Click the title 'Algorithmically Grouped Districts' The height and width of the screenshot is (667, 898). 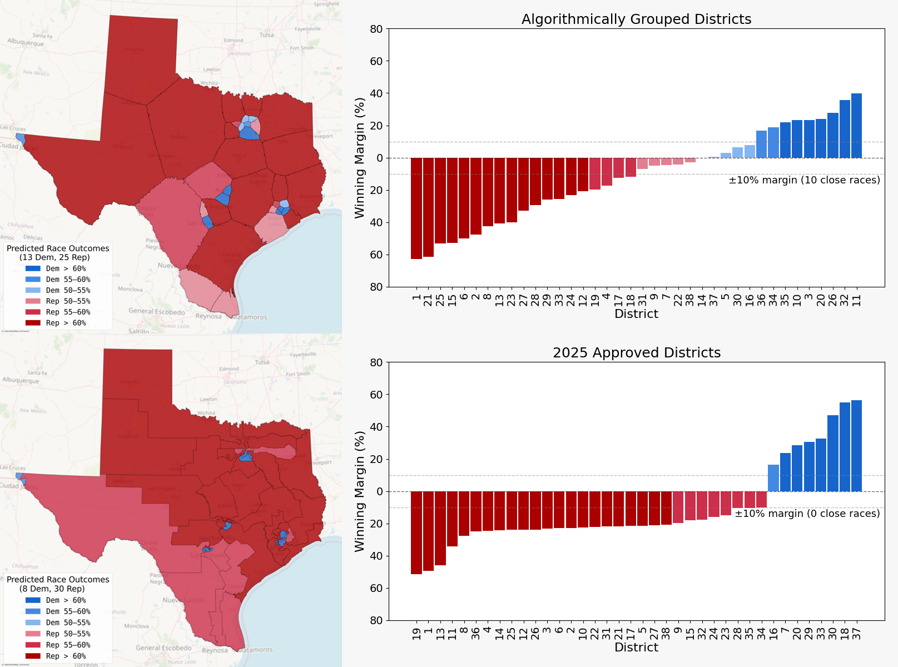(636, 19)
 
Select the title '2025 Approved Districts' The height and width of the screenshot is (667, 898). (636, 353)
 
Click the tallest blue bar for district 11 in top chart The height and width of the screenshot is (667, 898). (856, 126)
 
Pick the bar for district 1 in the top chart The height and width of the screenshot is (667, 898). (416, 208)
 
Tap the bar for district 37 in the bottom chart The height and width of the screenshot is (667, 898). (856, 446)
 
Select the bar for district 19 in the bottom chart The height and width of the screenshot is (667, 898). (416, 532)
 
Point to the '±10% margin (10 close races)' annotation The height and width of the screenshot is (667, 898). (804, 180)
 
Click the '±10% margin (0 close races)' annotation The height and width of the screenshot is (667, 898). (807, 514)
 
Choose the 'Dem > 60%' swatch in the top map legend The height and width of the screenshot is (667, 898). (33, 268)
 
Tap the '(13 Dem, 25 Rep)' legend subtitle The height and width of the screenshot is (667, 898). (54, 257)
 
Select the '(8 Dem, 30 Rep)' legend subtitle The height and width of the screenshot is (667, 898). (52, 589)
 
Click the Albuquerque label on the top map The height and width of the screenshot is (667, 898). (26, 43)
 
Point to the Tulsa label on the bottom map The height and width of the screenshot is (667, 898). (262, 362)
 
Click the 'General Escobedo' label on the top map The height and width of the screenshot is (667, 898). (156, 311)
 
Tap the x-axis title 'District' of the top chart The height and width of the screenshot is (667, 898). (636, 314)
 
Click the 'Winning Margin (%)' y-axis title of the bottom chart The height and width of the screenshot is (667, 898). (360, 491)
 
